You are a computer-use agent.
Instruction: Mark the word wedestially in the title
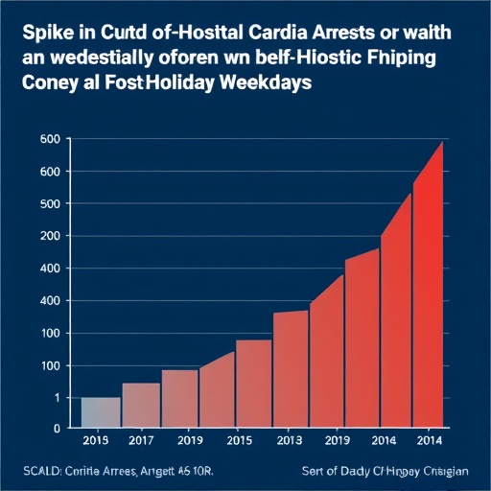(108, 58)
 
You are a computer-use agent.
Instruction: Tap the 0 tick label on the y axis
(57, 428)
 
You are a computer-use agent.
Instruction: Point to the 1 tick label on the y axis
(57, 397)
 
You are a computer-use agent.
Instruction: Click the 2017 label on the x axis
(140, 441)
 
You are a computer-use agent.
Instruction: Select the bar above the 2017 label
(141, 405)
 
